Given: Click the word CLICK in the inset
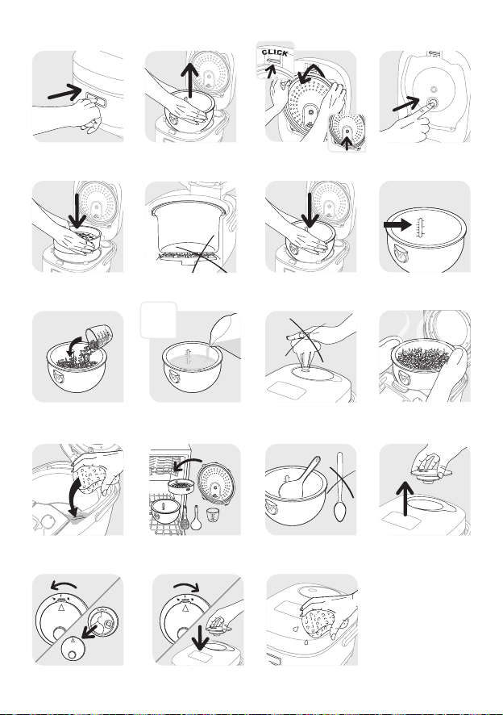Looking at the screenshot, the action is click(x=275, y=53).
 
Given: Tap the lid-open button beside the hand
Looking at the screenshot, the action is click(x=96, y=98).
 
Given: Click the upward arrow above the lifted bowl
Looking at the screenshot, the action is click(x=189, y=80).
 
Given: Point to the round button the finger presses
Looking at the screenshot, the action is click(x=432, y=103).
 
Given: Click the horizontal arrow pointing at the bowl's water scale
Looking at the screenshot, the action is click(x=397, y=225).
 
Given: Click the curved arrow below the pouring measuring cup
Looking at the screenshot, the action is click(x=73, y=347).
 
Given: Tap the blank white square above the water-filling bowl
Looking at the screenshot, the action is click(x=158, y=320).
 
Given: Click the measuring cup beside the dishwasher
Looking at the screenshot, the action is click(x=211, y=515).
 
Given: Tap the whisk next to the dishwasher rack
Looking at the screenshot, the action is click(x=185, y=517).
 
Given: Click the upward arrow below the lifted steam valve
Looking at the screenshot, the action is click(x=405, y=499).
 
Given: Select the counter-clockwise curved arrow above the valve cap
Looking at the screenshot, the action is click(x=64, y=584).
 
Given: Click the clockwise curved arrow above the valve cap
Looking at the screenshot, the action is click(x=186, y=587).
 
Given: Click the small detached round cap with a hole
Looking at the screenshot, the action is click(x=72, y=648).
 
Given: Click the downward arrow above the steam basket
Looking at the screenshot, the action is click(x=77, y=211).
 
